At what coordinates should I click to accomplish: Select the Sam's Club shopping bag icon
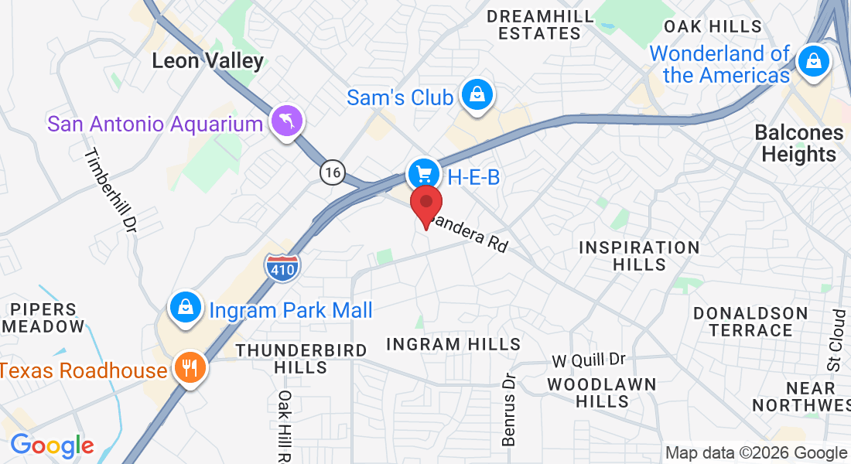coord(478,96)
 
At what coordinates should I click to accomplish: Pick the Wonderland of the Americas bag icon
coord(814,61)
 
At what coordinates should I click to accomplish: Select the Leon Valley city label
coord(207,61)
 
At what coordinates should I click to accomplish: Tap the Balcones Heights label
coord(798,143)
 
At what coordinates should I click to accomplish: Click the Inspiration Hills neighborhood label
coord(639,256)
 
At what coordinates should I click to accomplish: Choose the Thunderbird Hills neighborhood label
coord(302,359)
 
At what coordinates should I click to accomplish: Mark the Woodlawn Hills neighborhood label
coord(602,393)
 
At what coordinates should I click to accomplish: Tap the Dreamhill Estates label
coord(540,25)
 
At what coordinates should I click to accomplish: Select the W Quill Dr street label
coord(588,361)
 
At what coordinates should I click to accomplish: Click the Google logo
coord(52,445)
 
